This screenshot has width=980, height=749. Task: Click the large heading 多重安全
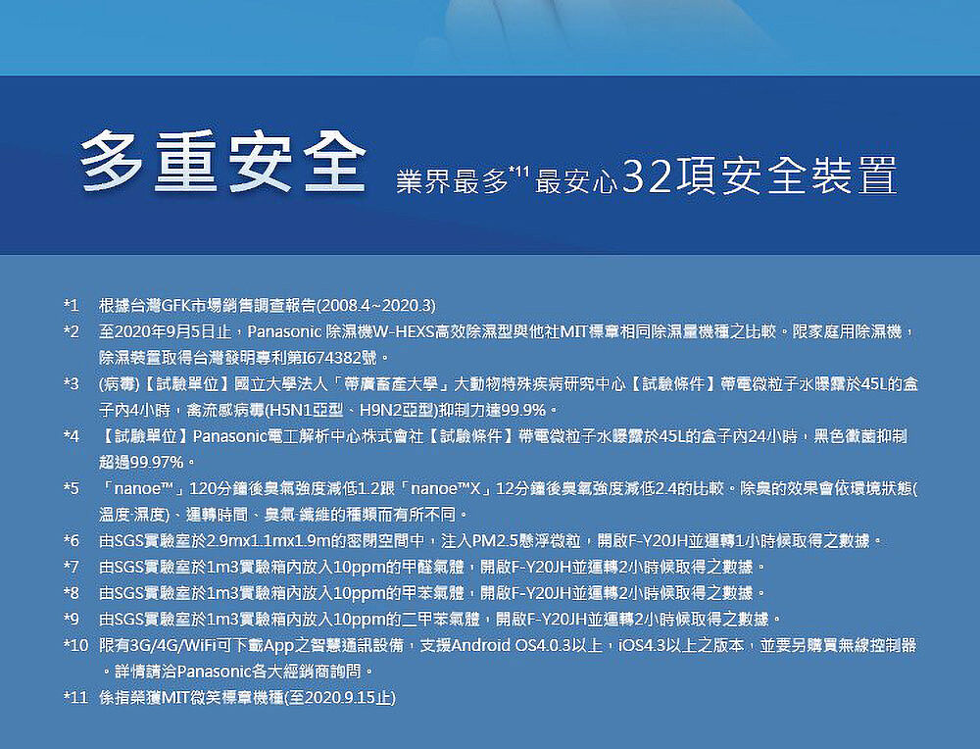222,161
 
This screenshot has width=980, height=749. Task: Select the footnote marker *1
72,306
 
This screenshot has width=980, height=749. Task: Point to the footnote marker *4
72,435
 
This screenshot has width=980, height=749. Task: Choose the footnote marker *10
75,644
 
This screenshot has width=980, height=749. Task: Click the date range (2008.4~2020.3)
377,306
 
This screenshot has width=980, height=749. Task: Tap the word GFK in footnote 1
175,306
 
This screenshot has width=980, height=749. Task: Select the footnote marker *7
72,567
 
